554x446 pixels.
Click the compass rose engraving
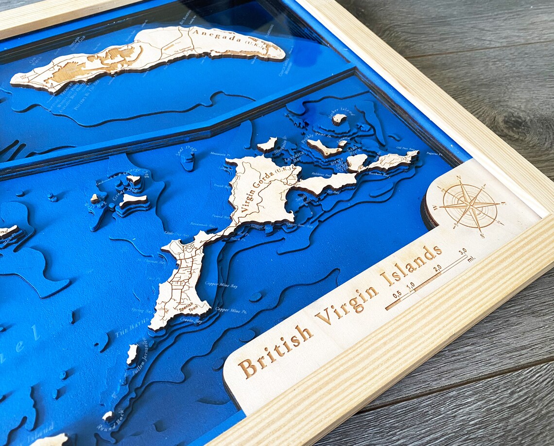coord(469,206)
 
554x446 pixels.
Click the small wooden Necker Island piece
coord(339,119)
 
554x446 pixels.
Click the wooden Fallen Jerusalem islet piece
coord(132,354)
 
